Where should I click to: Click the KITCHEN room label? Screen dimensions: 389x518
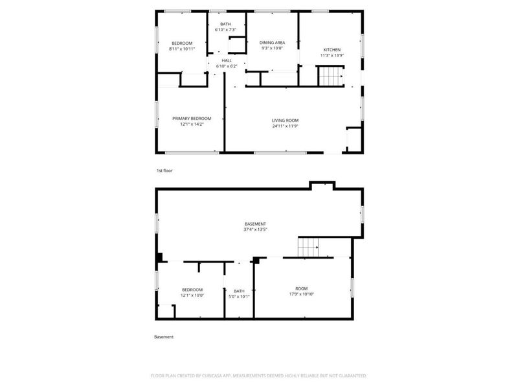pyautogui.click(x=332, y=50)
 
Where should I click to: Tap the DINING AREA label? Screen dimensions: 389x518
pyautogui.click(x=273, y=42)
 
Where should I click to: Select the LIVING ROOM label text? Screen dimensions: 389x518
pyautogui.click(x=285, y=120)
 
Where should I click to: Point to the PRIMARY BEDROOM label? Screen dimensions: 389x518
pyautogui.click(x=192, y=118)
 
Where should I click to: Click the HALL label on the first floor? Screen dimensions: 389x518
pyautogui.click(x=227, y=60)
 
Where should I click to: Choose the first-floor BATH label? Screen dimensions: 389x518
pyautogui.click(x=225, y=24)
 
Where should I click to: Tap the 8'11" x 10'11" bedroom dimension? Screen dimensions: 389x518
pyautogui.click(x=182, y=49)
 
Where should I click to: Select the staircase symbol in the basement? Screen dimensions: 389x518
pyautogui.click(x=309, y=247)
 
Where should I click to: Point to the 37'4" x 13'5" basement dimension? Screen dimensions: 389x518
pyautogui.click(x=255, y=229)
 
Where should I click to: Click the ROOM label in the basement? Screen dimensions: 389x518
pyautogui.click(x=301, y=289)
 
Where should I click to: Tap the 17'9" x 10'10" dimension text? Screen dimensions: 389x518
pyautogui.click(x=301, y=294)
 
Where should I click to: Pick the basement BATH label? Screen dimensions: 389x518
pyautogui.click(x=239, y=291)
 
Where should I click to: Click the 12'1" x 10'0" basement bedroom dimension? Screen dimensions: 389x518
pyautogui.click(x=192, y=295)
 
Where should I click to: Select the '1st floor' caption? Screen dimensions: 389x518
pyautogui.click(x=164, y=171)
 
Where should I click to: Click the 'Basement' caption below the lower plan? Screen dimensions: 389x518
pyautogui.click(x=164, y=336)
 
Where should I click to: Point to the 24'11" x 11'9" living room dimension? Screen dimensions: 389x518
pyautogui.click(x=285, y=126)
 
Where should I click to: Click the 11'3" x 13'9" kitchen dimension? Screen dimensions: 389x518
pyautogui.click(x=332, y=56)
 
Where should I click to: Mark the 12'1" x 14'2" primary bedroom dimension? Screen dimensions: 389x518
pyautogui.click(x=192, y=124)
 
